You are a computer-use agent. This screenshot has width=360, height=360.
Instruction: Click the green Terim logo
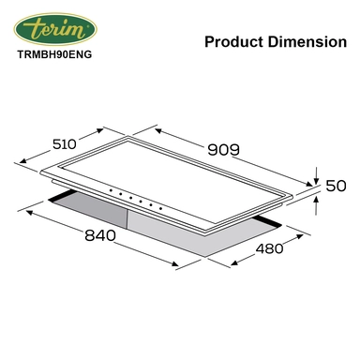pos(55,29)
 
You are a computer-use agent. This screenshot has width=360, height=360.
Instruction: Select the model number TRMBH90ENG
pos(54,54)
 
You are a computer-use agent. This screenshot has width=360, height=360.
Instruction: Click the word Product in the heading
pos(233,42)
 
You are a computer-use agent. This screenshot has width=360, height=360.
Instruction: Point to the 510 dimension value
pos(65,144)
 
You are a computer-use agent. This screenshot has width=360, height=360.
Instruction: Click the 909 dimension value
pos(224,150)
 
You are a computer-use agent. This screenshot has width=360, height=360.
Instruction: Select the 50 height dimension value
pos(336,186)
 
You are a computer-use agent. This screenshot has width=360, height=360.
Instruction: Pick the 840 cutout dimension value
pos(100,235)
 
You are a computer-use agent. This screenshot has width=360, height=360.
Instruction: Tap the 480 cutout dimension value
pos(269,248)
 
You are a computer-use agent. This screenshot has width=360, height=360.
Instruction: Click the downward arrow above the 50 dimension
pos(316,175)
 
